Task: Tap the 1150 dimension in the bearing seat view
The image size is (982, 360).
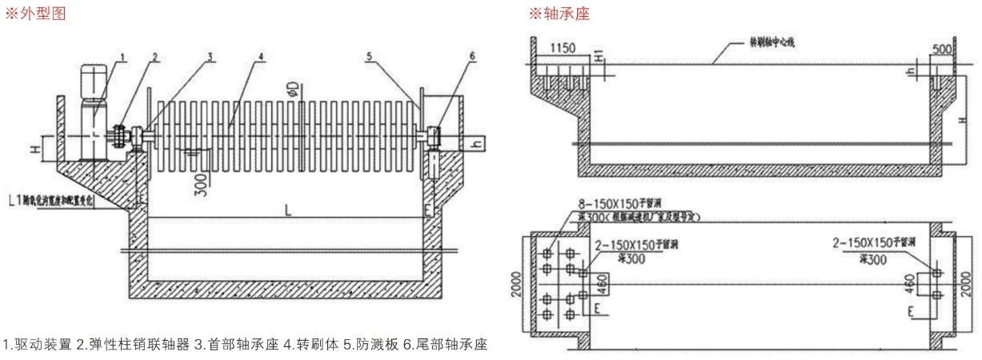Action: [565, 50]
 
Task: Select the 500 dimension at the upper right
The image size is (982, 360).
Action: [944, 50]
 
